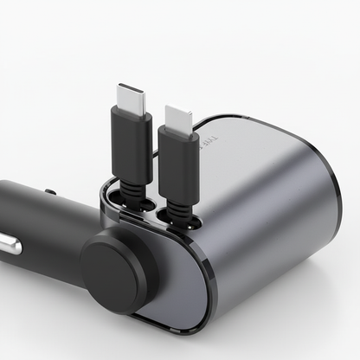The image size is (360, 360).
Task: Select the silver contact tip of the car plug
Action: pyautogui.click(x=8, y=244)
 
